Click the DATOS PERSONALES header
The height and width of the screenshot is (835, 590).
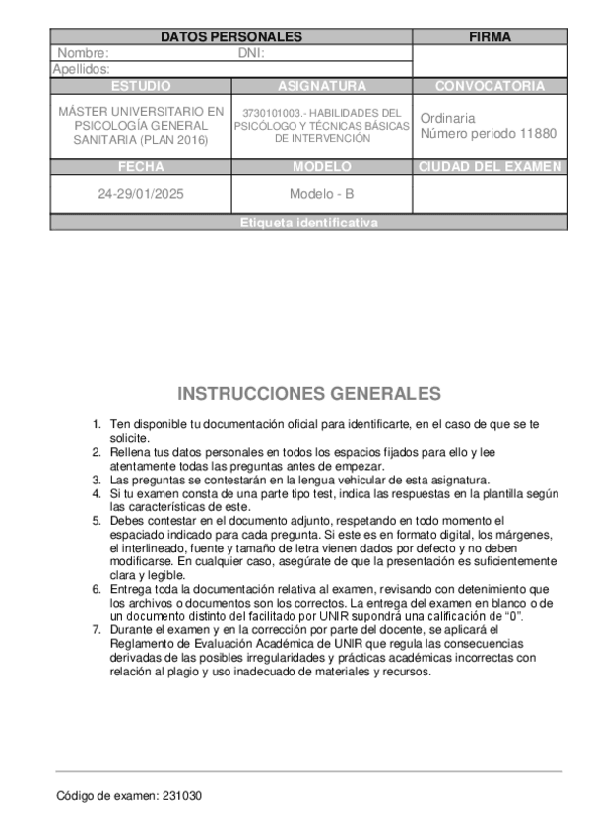click(230, 37)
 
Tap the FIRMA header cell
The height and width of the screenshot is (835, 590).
click(490, 37)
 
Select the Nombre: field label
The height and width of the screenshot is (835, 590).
click(83, 53)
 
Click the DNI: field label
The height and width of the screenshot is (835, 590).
click(253, 53)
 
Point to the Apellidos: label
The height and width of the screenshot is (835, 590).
click(81, 69)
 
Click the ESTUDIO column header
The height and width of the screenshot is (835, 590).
click(141, 86)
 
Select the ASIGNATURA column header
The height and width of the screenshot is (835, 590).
click(322, 86)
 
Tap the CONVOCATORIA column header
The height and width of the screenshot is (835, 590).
click(490, 86)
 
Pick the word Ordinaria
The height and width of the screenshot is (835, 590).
click(447, 117)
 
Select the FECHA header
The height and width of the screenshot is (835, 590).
click(141, 167)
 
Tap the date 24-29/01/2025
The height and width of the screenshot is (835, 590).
click(141, 194)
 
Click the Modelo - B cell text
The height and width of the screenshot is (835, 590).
click(322, 194)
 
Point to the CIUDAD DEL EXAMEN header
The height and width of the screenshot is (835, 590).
click(490, 167)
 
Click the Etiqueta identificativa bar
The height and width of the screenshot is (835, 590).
click(308, 224)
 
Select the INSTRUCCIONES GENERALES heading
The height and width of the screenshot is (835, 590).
click(309, 394)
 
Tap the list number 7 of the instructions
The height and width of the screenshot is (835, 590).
click(97, 627)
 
